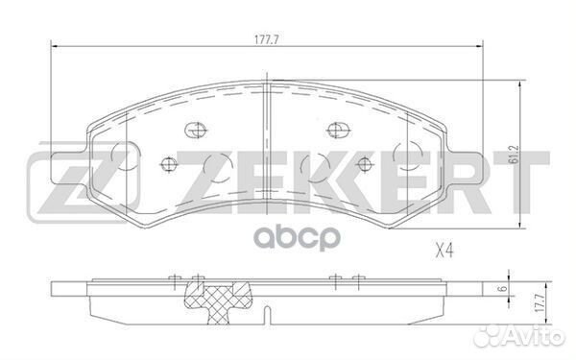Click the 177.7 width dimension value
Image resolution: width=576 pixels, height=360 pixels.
267,40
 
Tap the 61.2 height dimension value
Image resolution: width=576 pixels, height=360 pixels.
515,155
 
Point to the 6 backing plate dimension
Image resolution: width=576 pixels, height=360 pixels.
504,288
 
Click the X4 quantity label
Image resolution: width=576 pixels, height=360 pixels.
444,252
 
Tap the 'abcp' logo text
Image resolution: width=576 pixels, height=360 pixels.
298,238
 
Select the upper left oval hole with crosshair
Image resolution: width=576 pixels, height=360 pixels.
195,130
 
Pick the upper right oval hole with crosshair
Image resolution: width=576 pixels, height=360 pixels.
338,130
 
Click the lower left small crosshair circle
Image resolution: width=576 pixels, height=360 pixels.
169,164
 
